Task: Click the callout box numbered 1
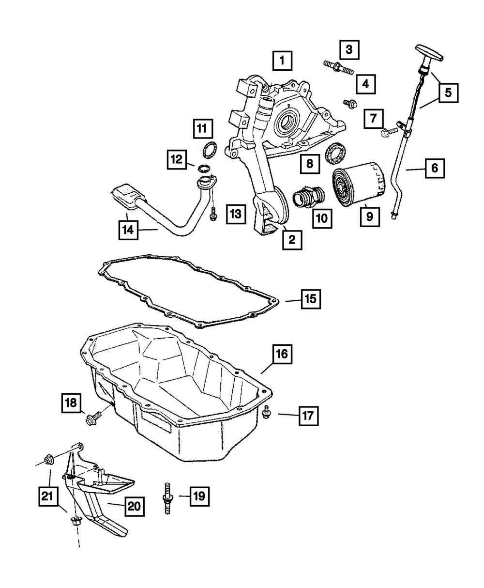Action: [282, 61]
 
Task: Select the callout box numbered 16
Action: [282, 354]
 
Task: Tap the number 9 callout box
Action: [370, 217]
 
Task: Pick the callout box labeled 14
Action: [128, 230]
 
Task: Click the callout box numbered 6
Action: [435, 169]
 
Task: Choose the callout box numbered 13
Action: [236, 214]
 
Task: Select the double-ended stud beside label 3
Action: [338, 68]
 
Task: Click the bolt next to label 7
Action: [389, 132]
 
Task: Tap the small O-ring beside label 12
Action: [204, 169]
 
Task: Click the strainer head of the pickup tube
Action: [127, 196]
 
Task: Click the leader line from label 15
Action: [293, 300]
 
